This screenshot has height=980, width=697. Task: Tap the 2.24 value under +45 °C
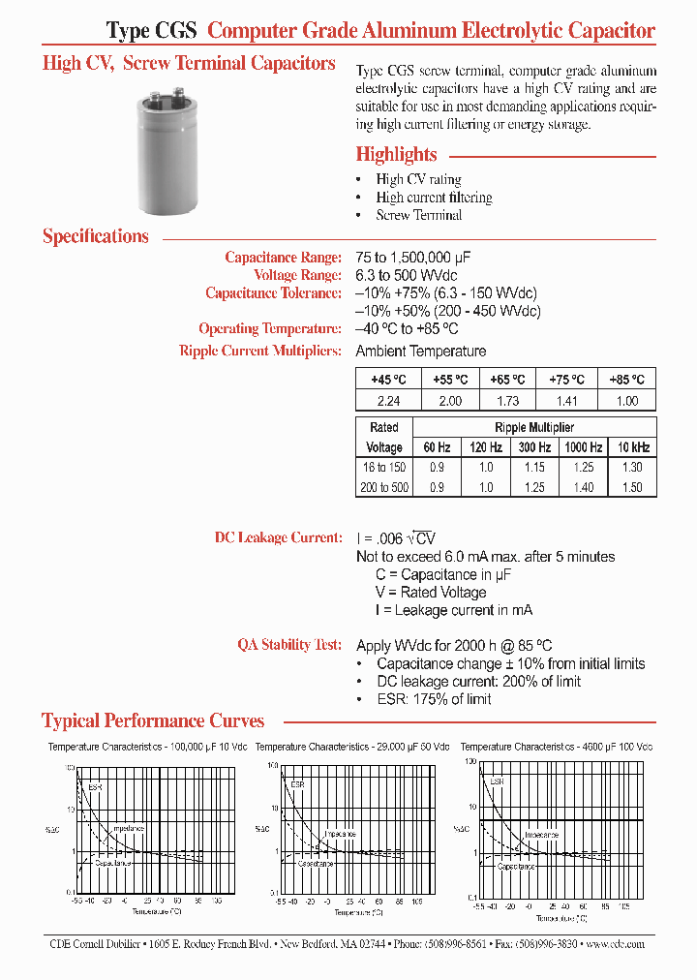[384, 400]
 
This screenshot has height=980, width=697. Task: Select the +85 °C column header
[626, 380]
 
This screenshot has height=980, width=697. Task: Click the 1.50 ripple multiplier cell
[631, 487]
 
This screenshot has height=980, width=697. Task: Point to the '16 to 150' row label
[383, 467]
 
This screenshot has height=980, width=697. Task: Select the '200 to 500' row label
[383, 487]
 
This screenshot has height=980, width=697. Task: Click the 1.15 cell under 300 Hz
[533, 467]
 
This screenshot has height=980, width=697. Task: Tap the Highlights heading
[396, 154]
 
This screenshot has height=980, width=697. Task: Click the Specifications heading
[96, 236]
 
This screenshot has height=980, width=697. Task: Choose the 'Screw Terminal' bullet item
[418, 215]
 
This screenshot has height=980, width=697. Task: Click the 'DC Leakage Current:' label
[278, 537]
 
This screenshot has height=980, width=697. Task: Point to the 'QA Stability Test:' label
[289, 645]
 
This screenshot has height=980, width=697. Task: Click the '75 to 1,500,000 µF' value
[426, 258]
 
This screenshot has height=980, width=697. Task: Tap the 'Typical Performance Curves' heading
[153, 720]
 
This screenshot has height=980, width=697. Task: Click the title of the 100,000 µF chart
[147, 747]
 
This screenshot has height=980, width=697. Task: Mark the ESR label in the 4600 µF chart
[496, 781]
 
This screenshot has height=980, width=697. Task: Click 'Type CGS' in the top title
[152, 31]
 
